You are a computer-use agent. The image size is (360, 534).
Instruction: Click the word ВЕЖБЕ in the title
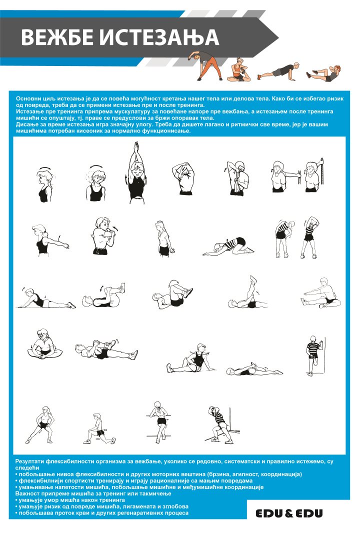click(58, 37)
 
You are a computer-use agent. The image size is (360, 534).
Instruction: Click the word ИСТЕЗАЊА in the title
click(158, 38)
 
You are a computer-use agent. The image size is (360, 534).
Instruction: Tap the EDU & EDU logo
click(289, 513)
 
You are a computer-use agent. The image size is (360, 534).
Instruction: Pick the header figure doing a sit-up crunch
click(323, 73)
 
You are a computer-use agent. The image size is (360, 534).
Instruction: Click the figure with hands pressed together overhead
click(136, 173)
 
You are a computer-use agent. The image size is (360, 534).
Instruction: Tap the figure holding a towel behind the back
click(237, 178)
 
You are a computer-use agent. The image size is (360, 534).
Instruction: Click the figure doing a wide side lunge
click(40, 424)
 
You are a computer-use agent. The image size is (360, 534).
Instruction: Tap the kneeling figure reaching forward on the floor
click(228, 246)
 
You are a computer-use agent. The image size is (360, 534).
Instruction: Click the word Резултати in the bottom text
click(29, 461)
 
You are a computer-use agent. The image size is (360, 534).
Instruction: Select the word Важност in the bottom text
click(26, 493)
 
